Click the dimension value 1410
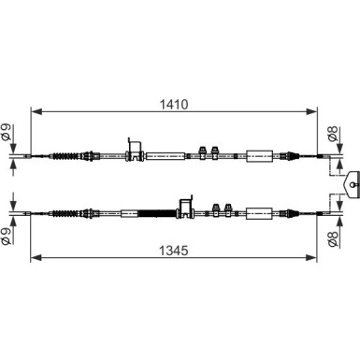tap(174, 105)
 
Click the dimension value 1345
tap(174, 250)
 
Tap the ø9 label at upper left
tap(7, 132)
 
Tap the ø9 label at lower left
tap(7, 237)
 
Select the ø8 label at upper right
tap(333, 134)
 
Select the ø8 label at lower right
tap(333, 239)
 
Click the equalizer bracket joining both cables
tap(352, 184)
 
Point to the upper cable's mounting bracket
tap(135, 150)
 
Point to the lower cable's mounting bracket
tap(185, 208)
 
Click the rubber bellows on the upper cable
tap(65, 156)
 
